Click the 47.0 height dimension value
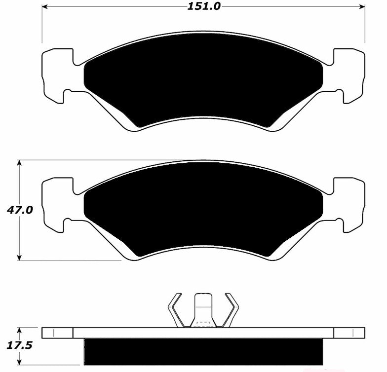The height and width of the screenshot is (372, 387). click(20, 210)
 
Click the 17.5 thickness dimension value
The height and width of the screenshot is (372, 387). click(20, 345)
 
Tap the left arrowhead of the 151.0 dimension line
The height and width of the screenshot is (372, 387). click(44, 7)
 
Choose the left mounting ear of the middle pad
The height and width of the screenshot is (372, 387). click(57, 204)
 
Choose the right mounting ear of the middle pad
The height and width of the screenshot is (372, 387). click(349, 204)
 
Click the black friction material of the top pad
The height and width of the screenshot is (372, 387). click(203, 79)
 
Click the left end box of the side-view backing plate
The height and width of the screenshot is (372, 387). click(57, 333)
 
